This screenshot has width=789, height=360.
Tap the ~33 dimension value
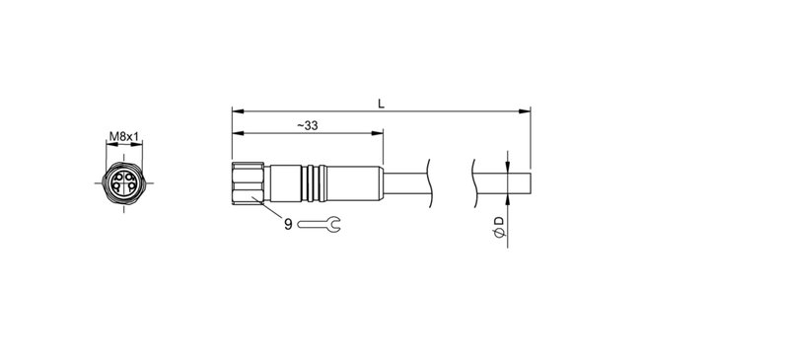306,125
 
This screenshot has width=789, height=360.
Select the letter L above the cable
381,101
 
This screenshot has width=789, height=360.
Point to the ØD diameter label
500,226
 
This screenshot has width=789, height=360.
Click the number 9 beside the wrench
288,225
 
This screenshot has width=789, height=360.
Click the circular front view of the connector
123,184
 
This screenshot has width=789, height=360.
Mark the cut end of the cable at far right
531,184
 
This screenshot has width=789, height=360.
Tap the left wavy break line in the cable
431,184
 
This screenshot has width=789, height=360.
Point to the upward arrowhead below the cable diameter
506,201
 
